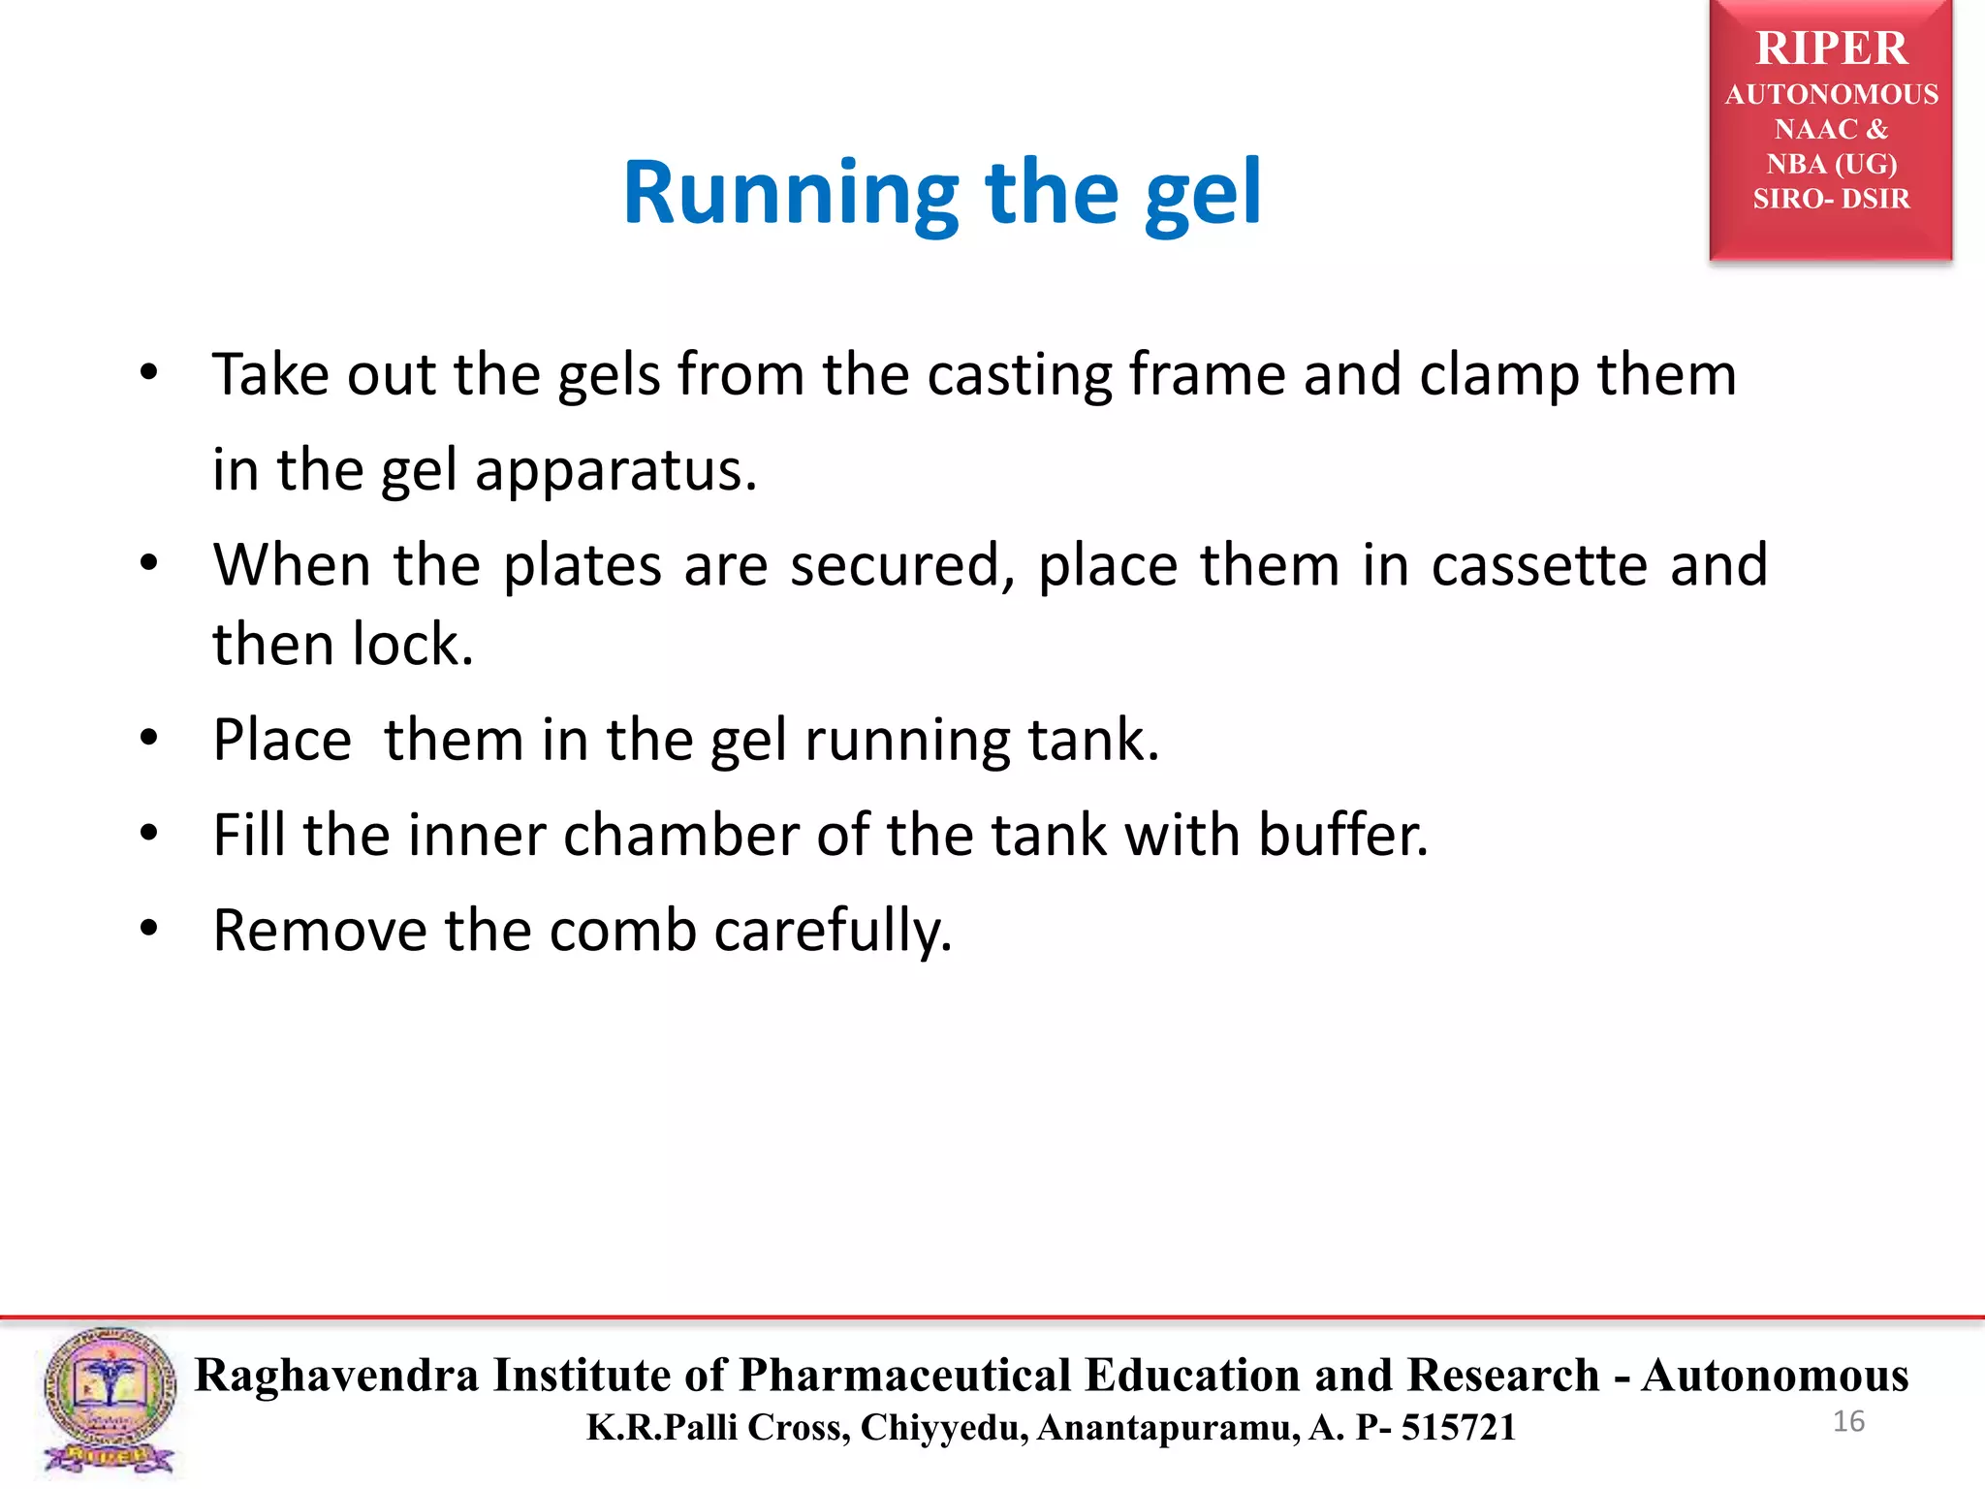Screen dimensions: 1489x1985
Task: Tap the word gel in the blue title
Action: (x=1202, y=194)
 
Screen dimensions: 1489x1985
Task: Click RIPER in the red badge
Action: (x=1831, y=48)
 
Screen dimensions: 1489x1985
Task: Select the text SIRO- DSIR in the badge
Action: (x=1831, y=199)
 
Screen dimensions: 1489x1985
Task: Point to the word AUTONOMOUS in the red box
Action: (x=1831, y=94)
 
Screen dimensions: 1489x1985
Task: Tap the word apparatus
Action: (x=614, y=471)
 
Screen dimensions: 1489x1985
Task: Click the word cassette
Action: (x=1538, y=565)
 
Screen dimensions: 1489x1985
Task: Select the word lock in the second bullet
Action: (x=412, y=645)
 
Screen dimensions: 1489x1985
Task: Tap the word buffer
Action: (x=1342, y=836)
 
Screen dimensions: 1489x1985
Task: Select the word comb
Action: (x=622, y=931)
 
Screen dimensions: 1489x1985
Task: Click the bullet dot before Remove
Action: (x=148, y=929)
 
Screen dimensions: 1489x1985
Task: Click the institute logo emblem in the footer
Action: (x=109, y=1400)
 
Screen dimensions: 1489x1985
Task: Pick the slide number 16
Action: (x=1848, y=1422)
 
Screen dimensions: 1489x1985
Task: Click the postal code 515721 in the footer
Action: (x=1458, y=1428)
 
